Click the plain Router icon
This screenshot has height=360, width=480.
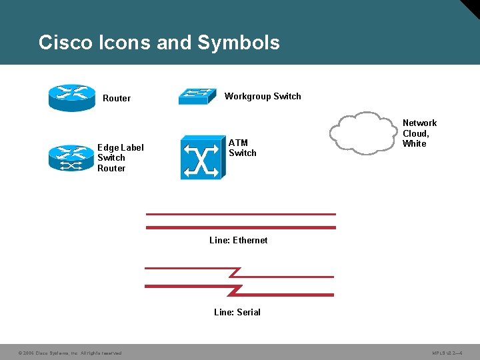[x=72, y=97]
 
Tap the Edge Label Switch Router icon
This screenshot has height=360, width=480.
[x=72, y=158]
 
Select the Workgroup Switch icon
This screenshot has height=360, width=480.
[x=198, y=97]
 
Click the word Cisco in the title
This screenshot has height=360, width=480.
[x=65, y=43]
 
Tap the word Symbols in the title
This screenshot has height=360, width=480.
[x=239, y=43]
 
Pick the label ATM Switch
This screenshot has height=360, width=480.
[x=242, y=148]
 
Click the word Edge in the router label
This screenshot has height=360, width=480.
[x=108, y=147]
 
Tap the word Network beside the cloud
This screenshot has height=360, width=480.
[x=419, y=123]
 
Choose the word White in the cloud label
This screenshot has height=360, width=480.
[x=414, y=143]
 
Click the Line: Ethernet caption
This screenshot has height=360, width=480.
[x=238, y=240]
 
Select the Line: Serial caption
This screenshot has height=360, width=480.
[x=237, y=312]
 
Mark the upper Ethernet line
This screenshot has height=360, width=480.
[x=240, y=215]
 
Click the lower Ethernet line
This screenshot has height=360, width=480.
[x=240, y=228]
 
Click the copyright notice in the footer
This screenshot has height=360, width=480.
[x=69, y=353]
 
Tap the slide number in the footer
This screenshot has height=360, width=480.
[x=447, y=353]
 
